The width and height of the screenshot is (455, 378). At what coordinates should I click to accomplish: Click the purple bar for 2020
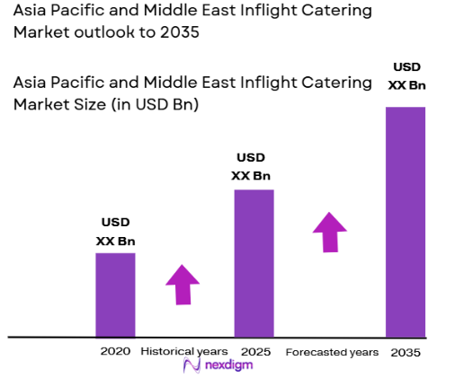[115, 294]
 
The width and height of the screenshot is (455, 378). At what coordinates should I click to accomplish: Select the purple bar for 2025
[254, 262]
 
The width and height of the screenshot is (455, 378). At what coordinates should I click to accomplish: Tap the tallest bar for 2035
[405, 221]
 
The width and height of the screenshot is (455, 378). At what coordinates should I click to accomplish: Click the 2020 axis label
[115, 351]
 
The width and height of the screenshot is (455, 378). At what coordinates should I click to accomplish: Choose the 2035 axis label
[406, 352]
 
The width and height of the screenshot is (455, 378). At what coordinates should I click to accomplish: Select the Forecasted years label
[332, 352]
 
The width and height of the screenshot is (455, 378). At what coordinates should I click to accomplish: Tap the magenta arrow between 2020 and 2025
[183, 286]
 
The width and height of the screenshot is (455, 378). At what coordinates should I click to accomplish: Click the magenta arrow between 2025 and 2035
[330, 233]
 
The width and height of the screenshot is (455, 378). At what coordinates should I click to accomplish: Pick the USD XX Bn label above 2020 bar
[115, 232]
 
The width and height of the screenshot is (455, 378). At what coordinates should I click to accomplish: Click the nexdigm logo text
[228, 365]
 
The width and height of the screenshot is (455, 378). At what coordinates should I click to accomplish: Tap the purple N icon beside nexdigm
[190, 365]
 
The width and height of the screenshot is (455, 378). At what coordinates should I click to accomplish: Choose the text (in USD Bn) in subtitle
[154, 104]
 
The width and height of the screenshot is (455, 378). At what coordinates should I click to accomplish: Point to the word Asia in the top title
[31, 12]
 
